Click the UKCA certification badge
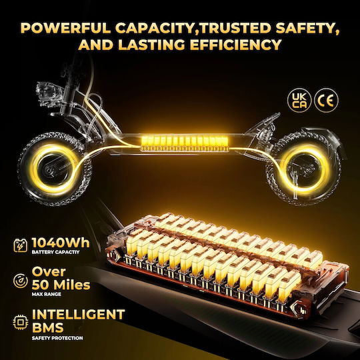[299, 101]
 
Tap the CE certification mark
[326, 101]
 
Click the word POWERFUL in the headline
[65, 28]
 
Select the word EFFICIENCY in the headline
[236, 45]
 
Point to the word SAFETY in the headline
[307, 29]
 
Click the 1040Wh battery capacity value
[61, 243]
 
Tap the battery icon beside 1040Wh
[21, 245]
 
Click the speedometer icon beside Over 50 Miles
[21, 281]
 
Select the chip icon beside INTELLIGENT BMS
[21, 323]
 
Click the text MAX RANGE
[47, 294]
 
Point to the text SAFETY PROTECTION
[57, 338]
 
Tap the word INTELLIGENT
[78, 315]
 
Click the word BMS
[47, 327]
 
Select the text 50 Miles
[61, 285]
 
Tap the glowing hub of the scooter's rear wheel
[305, 169]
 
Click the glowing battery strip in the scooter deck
[185, 143]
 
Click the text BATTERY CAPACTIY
[55, 252]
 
